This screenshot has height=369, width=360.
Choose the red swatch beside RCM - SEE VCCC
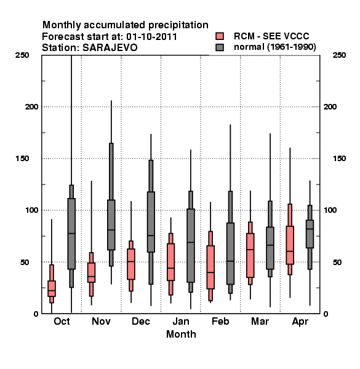point(220,36)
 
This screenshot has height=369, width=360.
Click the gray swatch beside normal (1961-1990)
point(220,47)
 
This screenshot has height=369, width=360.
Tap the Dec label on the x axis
point(141,322)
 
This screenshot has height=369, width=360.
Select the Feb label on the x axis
point(220,322)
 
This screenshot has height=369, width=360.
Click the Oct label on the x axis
point(62,322)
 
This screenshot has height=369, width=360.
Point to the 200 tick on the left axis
point(32,107)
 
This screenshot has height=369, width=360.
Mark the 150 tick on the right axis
point(339,159)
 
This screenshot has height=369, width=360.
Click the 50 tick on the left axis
point(25,262)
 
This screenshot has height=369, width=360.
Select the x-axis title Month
point(181,335)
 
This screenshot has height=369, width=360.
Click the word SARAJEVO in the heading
point(110,48)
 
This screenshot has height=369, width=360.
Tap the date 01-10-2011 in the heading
point(151,37)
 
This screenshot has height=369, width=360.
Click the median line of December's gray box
point(151,236)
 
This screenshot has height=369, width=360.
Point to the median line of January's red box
point(170,268)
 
